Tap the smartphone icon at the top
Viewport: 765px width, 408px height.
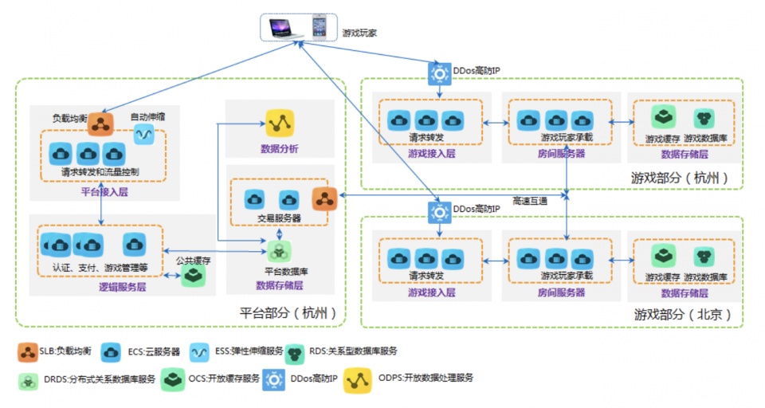[x=319, y=26]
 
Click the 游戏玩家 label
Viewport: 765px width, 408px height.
[x=359, y=33]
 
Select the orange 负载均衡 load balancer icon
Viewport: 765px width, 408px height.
[x=100, y=124]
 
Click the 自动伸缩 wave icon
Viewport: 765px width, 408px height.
[x=143, y=135]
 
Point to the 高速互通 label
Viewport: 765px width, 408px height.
[x=531, y=201]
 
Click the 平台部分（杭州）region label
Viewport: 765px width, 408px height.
[x=287, y=312]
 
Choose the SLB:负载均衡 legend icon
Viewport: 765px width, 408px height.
[x=27, y=350]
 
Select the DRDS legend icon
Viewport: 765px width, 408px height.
[x=27, y=379]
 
